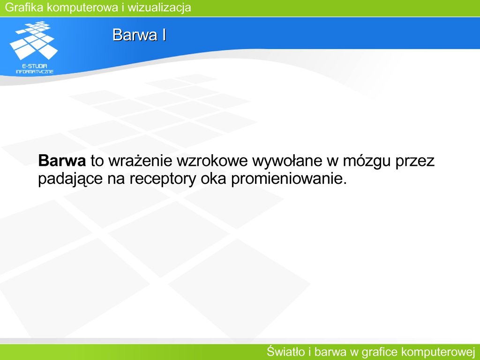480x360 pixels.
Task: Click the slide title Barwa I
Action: click(139, 35)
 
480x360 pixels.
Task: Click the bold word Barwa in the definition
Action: click(62, 161)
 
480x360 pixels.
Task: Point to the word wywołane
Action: click(287, 161)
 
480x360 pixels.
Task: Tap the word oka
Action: click(213, 179)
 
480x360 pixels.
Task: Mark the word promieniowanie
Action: click(289, 179)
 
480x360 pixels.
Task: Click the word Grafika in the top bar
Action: click(24, 7)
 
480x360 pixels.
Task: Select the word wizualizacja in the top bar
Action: click(159, 7)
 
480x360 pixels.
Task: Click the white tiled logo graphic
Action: click(34, 40)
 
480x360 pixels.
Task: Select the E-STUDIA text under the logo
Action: click(35, 66)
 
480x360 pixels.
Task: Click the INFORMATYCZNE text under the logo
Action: click(35, 72)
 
